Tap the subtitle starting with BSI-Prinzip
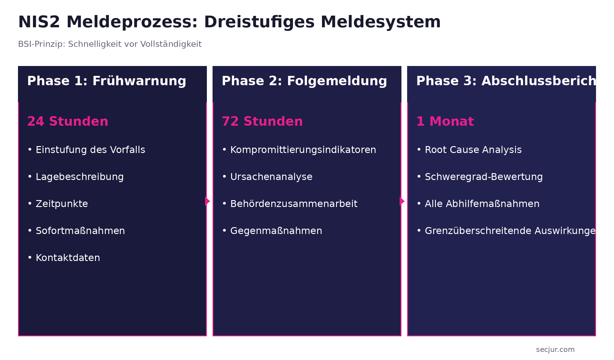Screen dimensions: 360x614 coord(110,44)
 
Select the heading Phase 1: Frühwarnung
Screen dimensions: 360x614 coord(106,81)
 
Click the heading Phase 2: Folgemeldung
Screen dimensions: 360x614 coord(304,81)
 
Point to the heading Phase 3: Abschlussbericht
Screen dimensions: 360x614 coord(505,81)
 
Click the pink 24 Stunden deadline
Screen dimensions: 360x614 coord(67,121)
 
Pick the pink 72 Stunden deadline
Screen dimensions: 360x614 coord(262,121)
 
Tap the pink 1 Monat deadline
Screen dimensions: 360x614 coord(445,121)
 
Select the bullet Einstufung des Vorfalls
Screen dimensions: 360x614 coord(90,150)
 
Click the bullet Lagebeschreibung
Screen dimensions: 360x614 coord(79,177)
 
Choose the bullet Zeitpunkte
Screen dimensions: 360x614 coord(62,204)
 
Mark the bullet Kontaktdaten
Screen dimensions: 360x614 coord(68,258)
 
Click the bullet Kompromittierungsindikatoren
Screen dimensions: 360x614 coord(303,150)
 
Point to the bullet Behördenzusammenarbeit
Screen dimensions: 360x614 coord(294,204)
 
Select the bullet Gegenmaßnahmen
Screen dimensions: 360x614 coord(276,231)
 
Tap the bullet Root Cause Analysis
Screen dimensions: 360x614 coord(473,150)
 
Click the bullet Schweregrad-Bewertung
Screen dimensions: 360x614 coord(484,177)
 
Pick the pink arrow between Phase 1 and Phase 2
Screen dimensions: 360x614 coord(207,201)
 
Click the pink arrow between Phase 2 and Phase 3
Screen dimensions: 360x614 coord(402,201)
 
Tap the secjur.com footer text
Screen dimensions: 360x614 coord(555,349)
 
